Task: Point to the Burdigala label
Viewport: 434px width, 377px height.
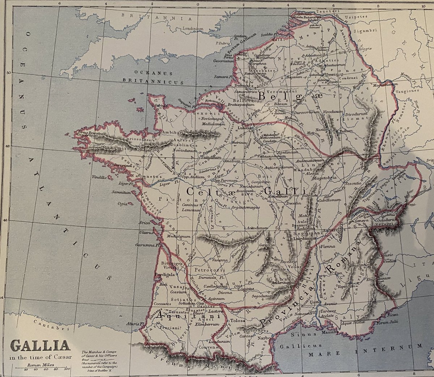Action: tap(165, 275)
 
